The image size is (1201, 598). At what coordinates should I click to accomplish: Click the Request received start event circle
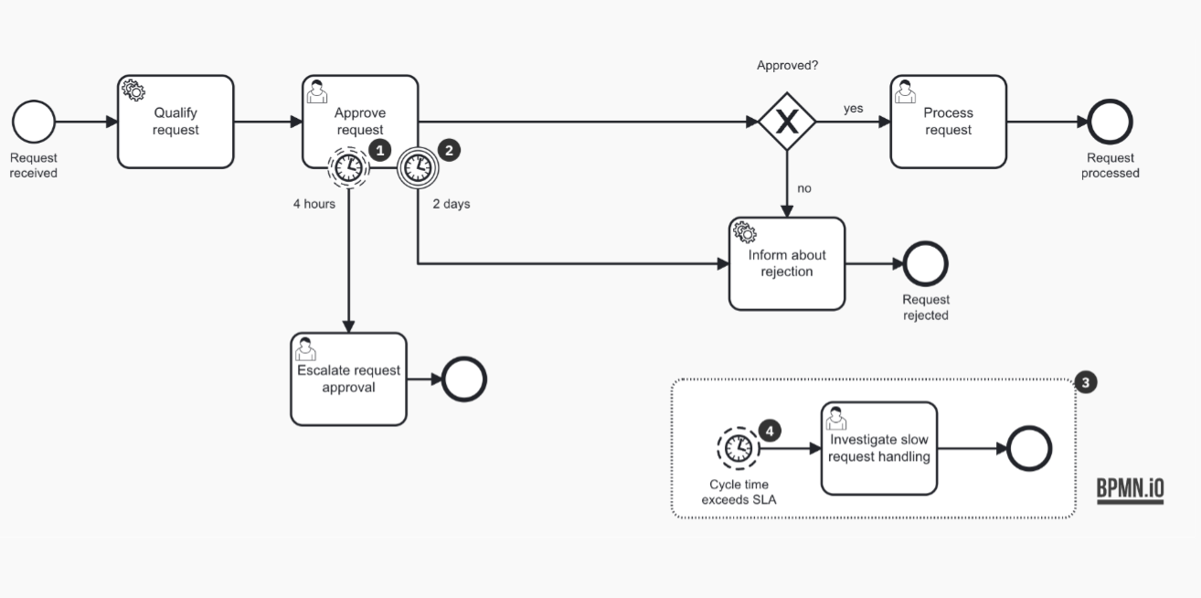pyautogui.click(x=34, y=122)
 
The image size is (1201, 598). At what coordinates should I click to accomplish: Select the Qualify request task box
pyautogui.click(x=175, y=122)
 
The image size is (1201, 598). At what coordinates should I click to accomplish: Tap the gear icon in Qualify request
pyautogui.click(x=133, y=90)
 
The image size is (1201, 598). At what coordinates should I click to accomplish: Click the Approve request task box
pyautogui.click(x=360, y=114)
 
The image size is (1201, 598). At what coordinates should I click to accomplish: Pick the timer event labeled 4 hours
pyautogui.click(x=347, y=167)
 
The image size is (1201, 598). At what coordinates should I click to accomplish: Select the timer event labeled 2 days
pyautogui.click(x=417, y=167)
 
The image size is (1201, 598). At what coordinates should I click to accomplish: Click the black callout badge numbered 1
pyautogui.click(x=379, y=149)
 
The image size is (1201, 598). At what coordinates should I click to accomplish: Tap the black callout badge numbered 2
pyautogui.click(x=449, y=149)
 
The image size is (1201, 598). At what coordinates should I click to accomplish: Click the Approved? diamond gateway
pyautogui.click(x=786, y=122)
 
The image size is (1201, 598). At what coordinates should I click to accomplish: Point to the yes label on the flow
pyautogui.click(x=853, y=108)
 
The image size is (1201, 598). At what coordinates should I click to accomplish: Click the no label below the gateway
pyautogui.click(x=804, y=188)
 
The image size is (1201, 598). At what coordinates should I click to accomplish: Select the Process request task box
pyautogui.click(x=948, y=122)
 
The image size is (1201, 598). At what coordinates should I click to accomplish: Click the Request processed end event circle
pyautogui.click(x=1111, y=122)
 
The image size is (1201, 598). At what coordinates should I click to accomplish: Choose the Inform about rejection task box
pyautogui.click(x=786, y=263)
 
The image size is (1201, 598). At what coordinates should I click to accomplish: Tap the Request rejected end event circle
pyautogui.click(x=926, y=264)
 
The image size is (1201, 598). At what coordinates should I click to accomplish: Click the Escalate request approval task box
pyautogui.click(x=348, y=379)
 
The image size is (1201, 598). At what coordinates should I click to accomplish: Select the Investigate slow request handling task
pyautogui.click(x=878, y=448)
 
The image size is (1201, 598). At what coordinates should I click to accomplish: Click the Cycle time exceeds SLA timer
pyautogui.click(x=738, y=448)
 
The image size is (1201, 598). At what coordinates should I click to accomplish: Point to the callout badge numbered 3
pyautogui.click(x=1085, y=382)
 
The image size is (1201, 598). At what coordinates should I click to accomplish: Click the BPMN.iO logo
pyautogui.click(x=1130, y=489)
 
